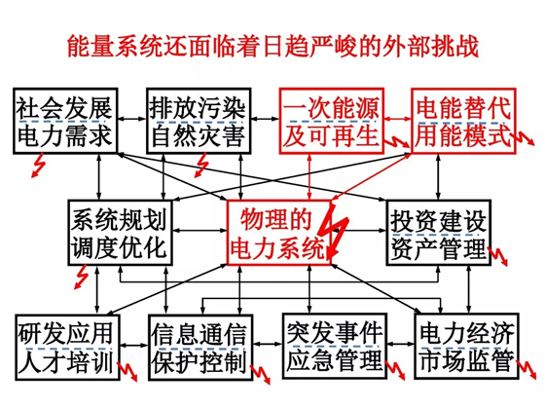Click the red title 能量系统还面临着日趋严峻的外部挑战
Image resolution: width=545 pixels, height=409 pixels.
pyautogui.click(x=272, y=46)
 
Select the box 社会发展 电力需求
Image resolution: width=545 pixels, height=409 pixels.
pyautogui.click(x=65, y=121)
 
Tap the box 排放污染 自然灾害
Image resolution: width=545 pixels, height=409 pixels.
pyautogui.click(x=199, y=121)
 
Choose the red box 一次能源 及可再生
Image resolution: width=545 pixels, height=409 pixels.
pyautogui.click(x=332, y=121)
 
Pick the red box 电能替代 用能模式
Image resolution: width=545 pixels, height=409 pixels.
pyautogui.click(x=463, y=121)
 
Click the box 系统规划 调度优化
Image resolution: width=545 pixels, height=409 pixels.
pyautogui.click(x=120, y=233)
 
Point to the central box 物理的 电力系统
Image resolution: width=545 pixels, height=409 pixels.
pyautogui.click(x=278, y=233)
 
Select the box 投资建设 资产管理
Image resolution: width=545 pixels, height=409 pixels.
pyautogui.click(x=439, y=233)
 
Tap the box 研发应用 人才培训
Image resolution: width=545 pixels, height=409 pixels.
pyautogui.click(x=67, y=347)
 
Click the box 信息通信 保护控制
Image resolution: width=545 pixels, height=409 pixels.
pyautogui.click(x=200, y=347)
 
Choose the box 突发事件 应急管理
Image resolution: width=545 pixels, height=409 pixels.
pyautogui.click(x=335, y=346)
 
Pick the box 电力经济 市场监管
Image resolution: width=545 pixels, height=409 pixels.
pyautogui.click(x=466, y=346)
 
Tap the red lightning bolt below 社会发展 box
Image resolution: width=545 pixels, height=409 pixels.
pyautogui.click(x=38, y=166)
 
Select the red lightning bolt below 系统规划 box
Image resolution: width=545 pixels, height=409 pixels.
pyautogui.click(x=82, y=277)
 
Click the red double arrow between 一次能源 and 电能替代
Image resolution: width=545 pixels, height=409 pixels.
pyautogui.click(x=398, y=119)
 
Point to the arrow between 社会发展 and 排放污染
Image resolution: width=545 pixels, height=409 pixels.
pyautogui.click(x=132, y=119)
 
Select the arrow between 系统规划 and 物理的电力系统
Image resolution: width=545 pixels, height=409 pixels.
pyautogui.click(x=200, y=230)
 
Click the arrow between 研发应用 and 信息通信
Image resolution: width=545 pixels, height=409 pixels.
pyautogui.click(x=134, y=345)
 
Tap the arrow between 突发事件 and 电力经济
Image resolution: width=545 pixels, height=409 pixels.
pyautogui.click(x=401, y=345)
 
